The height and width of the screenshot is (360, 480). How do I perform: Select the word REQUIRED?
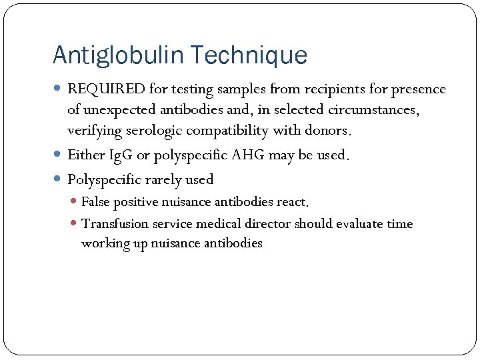(x=101, y=89)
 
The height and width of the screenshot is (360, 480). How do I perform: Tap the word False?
(x=96, y=201)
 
